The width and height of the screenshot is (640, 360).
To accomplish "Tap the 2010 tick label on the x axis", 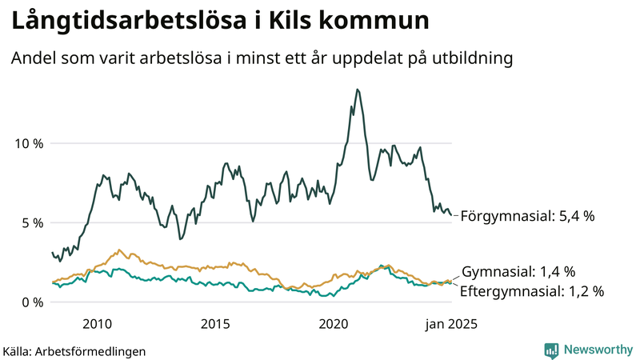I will tap(96, 324).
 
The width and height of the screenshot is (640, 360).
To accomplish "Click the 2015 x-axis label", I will tap(214, 324).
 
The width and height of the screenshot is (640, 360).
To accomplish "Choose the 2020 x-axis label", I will tap(334, 324).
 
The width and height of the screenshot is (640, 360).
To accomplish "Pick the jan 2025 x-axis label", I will tap(452, 324).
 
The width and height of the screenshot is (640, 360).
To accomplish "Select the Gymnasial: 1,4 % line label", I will tap(518, 272).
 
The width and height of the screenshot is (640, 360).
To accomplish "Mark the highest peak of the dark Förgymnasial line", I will tap(357, 90).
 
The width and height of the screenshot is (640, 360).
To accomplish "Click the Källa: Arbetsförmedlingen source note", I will tap(74, 351).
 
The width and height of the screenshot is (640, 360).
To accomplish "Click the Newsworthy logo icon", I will tap(551, 350).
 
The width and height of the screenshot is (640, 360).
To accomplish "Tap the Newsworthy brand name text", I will tap(598, 350).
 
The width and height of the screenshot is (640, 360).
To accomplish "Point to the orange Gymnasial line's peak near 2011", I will tap(119, 250).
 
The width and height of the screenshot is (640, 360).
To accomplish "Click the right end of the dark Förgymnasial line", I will tap(450, 214).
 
